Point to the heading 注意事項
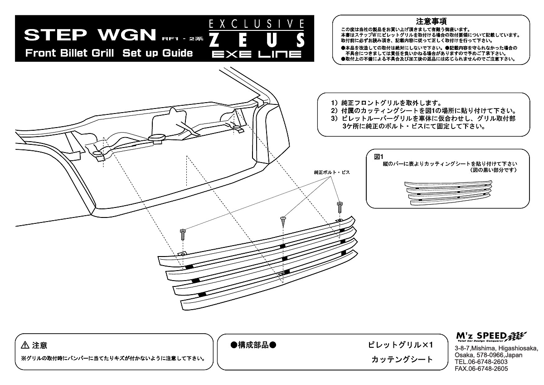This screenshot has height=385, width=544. (x=431, y=21)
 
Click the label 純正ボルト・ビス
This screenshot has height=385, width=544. (x=332, y=173)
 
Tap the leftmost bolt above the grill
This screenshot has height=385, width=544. (x=183, y=234)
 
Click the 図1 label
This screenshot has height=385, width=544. (x=379, y=157)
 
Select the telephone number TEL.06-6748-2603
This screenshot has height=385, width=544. (x=481, y=362)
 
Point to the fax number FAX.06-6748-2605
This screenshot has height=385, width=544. (x=481, y=369)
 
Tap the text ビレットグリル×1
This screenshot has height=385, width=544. (x=401, y=345)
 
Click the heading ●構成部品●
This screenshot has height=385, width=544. (x=253, y=345)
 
